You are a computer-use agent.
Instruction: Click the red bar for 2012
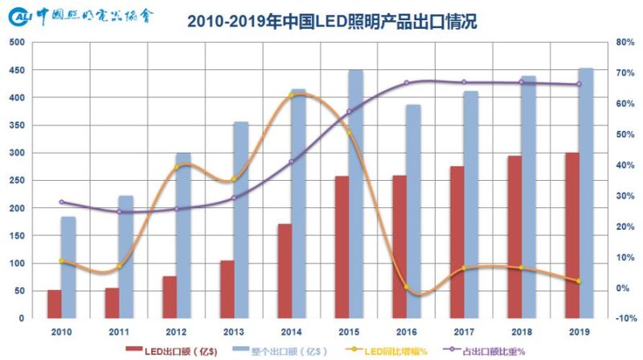[x=170, y=297]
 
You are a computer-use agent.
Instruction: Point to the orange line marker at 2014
[x=292, y=96]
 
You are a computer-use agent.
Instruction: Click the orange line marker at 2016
[x=407, y=287]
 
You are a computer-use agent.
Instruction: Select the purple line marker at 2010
[x=62, y=202]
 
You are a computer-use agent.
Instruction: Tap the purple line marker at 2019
[x=579, y=84]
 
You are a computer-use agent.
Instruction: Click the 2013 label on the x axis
[x=234, y=330]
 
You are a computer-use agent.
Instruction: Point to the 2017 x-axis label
[x=464, y=330]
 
